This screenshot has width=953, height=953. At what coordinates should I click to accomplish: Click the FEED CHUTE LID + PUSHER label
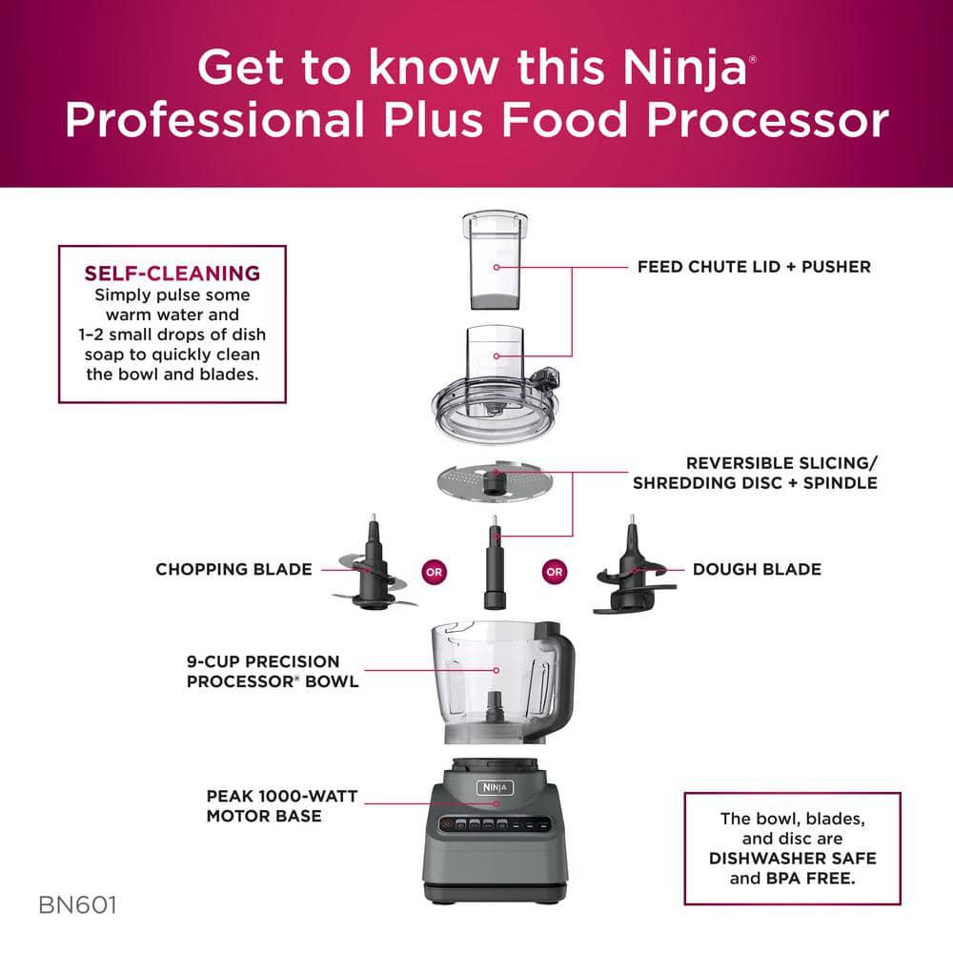[x=753, y=267]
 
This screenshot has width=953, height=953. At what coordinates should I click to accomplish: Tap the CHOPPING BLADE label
[x=233, y=569]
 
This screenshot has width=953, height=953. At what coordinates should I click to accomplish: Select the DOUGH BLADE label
[x=757, y=569]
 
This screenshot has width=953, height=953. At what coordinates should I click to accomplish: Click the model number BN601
[x=78, y=904]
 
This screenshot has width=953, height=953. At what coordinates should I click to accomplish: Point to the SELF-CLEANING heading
[x=172, y=274]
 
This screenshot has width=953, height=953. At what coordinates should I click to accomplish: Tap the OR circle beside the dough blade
[x=554, y=573]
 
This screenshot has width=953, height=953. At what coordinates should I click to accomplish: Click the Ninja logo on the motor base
[x=496, y=788]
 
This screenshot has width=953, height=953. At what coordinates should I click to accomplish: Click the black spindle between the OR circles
[x=495, y=567]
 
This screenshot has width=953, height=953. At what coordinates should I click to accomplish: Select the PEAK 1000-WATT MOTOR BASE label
[x=281, y=805]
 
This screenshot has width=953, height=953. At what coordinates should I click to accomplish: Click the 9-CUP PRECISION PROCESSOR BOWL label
[x=273, y=671]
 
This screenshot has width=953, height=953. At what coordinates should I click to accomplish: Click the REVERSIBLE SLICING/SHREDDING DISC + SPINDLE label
[x=755, y=473]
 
